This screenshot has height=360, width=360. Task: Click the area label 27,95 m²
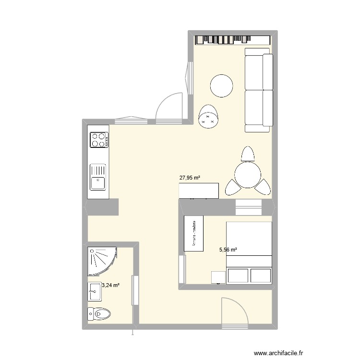(190, 178)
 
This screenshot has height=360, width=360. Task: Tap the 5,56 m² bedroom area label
(228, 250)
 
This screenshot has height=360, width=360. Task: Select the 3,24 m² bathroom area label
(110, 285)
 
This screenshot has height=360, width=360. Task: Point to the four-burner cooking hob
(98, 140)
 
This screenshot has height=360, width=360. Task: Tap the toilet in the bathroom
(100, 314)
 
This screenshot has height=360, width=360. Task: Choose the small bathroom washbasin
(95, 291)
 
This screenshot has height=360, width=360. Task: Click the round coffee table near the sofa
(222, 86)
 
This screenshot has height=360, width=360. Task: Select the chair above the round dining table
(247, 155)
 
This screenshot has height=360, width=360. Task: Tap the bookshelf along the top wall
(232, 39)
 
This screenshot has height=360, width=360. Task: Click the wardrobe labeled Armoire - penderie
(194, 233)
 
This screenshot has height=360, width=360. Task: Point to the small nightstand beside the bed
(218, 277)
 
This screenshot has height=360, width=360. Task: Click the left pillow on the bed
(239, 276)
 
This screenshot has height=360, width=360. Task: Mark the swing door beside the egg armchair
(169, 108)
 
